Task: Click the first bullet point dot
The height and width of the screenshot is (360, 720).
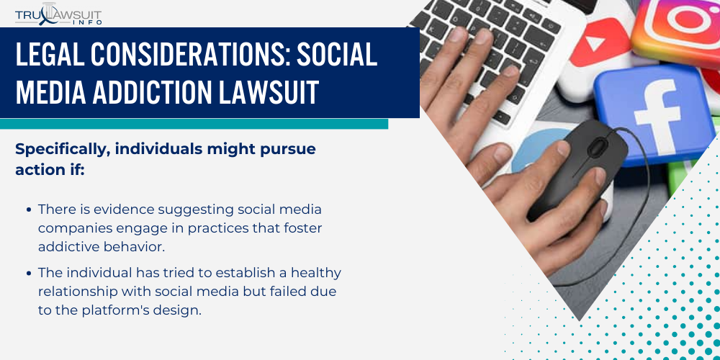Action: (x=28, y=210)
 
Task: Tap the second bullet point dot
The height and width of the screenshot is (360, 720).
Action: (x=28, y=273)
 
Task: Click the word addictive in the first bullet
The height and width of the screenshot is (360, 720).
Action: (x=66, y=246)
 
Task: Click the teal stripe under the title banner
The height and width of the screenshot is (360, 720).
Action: (x=194, y=124)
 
